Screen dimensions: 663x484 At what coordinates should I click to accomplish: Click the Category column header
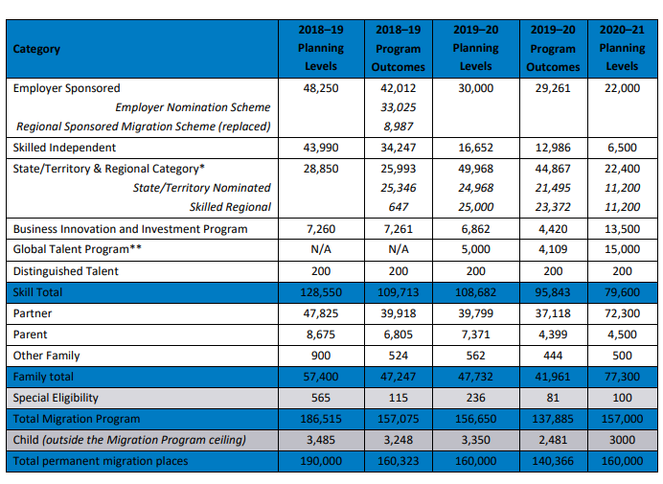[36, 49]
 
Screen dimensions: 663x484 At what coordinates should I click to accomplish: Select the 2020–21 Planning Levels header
[622, 48]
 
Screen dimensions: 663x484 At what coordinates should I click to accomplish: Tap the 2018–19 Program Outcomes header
[398, 48]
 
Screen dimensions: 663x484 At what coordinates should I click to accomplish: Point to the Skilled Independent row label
[64, 148]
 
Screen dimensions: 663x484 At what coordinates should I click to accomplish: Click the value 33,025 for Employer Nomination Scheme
[398, 107]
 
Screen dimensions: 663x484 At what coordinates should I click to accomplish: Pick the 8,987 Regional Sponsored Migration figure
[398, 127]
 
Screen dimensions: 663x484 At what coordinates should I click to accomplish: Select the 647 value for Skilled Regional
[398, 207]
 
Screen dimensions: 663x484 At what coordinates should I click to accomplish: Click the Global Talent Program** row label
[77, 249]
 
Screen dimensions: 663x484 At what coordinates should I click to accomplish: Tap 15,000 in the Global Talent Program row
[622, 249]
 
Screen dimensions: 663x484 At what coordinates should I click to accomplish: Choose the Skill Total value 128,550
[321, 292]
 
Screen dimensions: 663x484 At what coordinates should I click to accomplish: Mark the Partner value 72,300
[622, 313]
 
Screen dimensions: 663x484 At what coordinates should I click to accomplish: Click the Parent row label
[30, 334]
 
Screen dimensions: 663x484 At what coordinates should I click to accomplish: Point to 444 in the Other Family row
[553, 356]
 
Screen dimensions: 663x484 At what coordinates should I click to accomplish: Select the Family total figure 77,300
[622, 377]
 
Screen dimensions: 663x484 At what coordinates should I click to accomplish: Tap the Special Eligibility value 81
[553, 398]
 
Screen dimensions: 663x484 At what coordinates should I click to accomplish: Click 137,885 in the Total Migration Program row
[553, 419]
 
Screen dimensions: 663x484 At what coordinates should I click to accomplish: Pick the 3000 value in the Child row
[622, 440]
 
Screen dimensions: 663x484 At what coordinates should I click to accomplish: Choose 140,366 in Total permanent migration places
[553, 461]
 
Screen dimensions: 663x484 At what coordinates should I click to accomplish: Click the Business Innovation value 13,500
[622, 229]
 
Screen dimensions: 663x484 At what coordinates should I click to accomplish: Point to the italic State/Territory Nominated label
[202, 188]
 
